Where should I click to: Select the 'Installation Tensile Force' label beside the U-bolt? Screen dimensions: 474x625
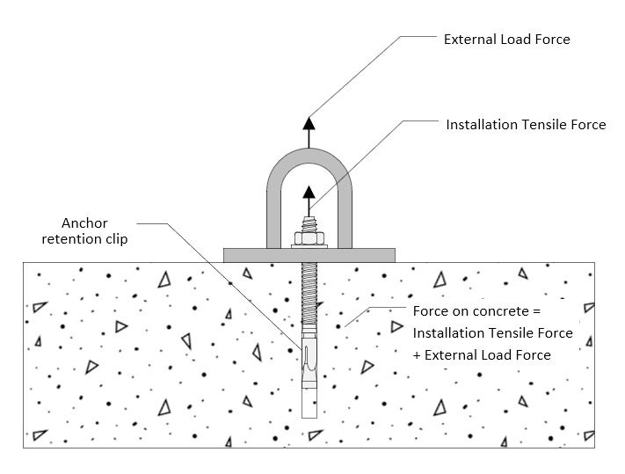click(526, 125)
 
